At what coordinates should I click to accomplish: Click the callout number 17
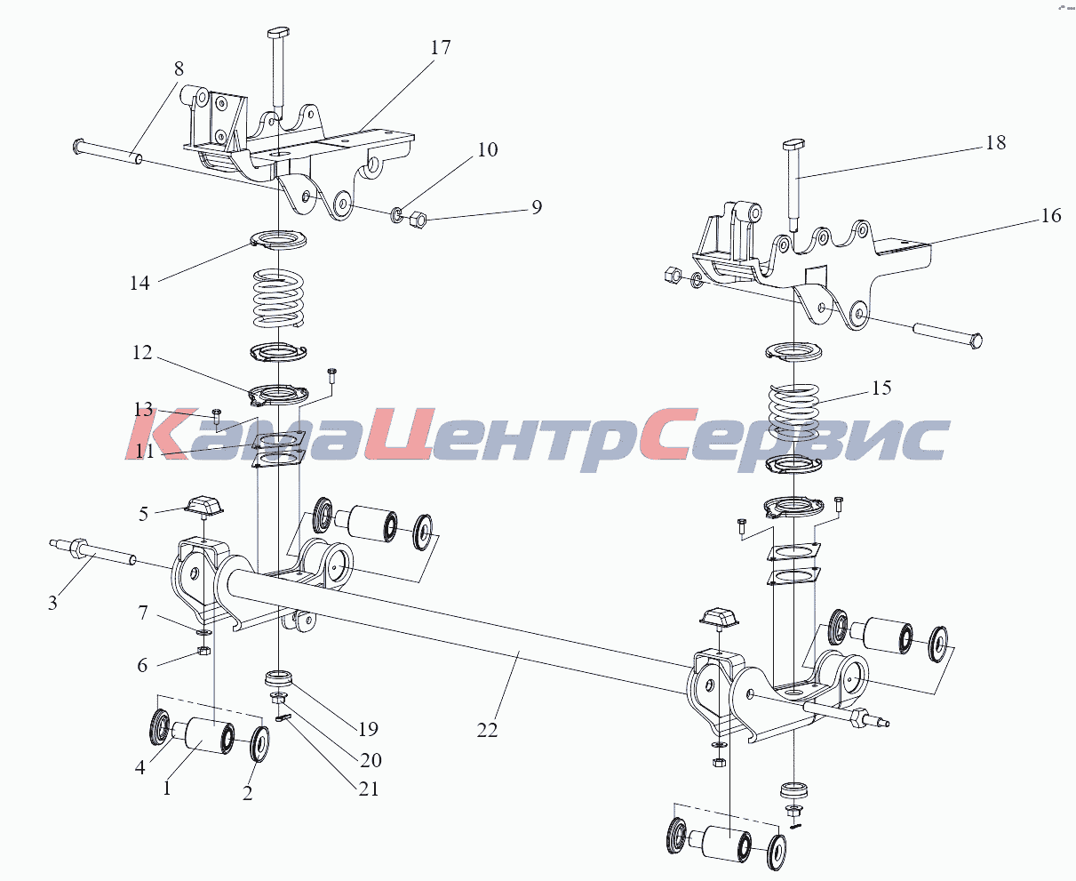pyautogui.click(x=441, y=47)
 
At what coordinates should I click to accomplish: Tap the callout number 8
pyautogui.click(x=179, y=68)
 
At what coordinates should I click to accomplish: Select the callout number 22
pyautogui.click(x=487, y=731)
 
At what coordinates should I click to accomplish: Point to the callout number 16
pyautogui.click(x=1051, y=215)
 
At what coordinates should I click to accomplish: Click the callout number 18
pyautogui.click(x=995, y=142)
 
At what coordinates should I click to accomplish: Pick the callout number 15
pyautogui.click(x=881, y=388)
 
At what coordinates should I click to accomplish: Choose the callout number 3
pyautogui.click(x=52, y=603)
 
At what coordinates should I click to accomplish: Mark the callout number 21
pyautogui.click(x=369, y=789)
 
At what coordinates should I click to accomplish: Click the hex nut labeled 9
pyautogui.click(x=418, y=220)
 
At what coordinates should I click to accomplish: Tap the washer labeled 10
pyautogui.click(x=397, y=214)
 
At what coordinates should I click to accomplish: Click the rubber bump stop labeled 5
pyautogui.click(x=204, y=505)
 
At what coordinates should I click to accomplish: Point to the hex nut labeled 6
pyautogui.click(x=203, y=650)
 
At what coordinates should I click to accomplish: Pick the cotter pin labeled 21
pyautogui.click(x=283, y=718)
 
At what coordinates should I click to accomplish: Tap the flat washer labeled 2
pyautogui.click(x=259, y=744)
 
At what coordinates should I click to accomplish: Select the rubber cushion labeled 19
pyautogui.click(x=279, y=679)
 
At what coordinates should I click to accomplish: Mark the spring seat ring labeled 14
pyautogui.click(x=279, y=239)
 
